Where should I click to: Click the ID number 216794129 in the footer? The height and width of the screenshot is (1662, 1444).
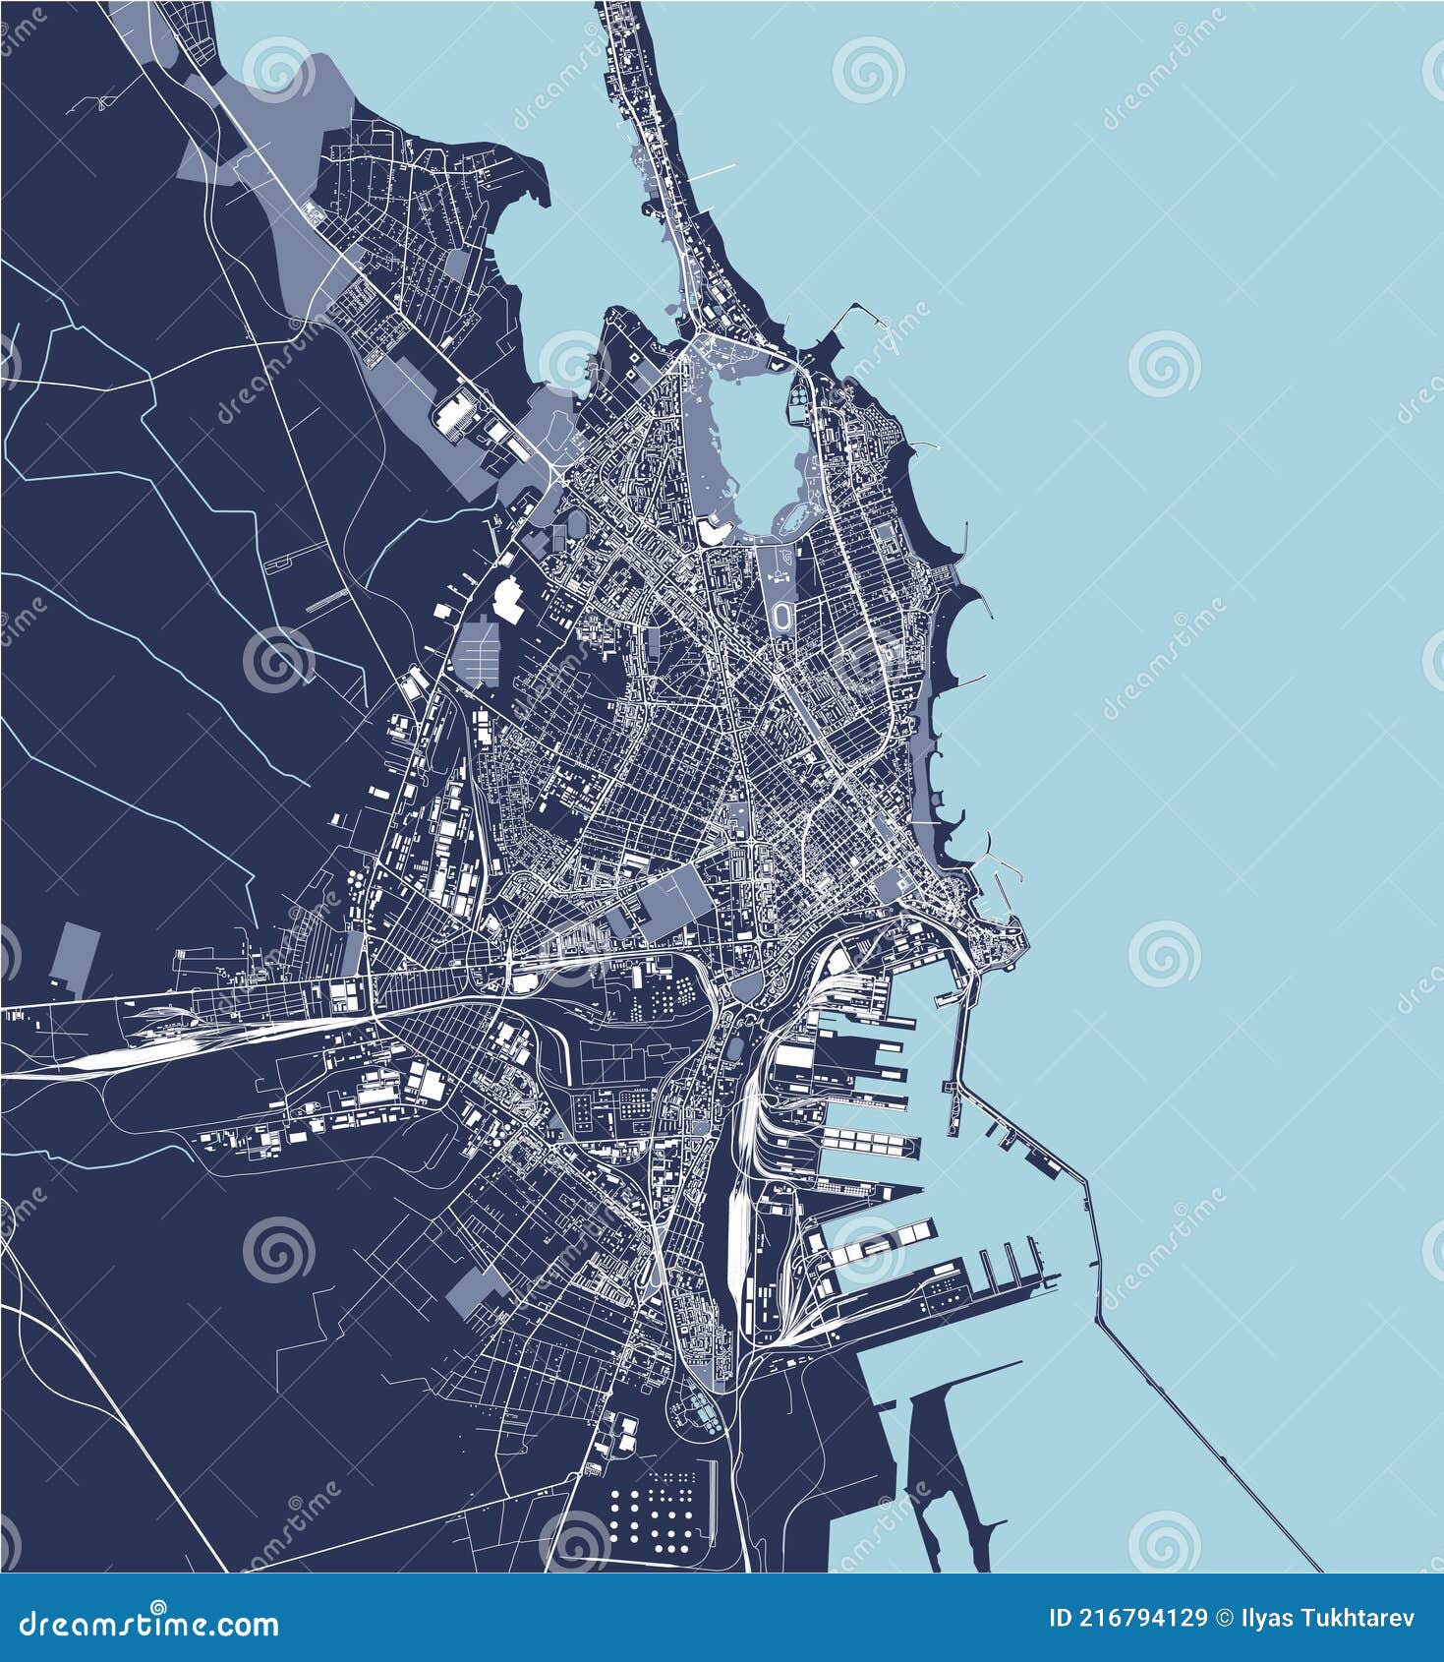point(1127,1618)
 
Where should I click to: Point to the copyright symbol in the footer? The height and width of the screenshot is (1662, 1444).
point(1225,1618)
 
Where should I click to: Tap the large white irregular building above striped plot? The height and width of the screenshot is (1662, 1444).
point(509,599)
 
